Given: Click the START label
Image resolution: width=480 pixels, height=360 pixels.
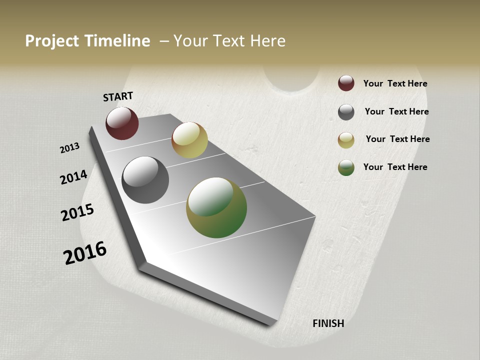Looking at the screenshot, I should click(x=118, y=96).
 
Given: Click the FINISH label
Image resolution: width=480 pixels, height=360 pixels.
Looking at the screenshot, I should click(x=328, y=323).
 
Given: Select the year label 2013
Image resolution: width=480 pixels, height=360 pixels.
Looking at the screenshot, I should click(x=70, y=148).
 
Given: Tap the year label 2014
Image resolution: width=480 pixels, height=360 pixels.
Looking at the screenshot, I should click(x=73, y=177).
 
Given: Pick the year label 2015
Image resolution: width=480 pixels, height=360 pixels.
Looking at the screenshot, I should click(x=77, y=212).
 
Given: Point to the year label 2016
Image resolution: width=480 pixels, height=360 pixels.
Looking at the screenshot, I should click(x=85, y=253).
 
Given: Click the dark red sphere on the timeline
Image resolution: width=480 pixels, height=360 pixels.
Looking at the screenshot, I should click(x=122, y=123).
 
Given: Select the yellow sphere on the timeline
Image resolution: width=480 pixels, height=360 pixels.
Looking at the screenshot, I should click(x=189, y=140).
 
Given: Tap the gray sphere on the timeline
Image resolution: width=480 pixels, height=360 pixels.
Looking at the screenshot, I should click(x=145, y=180).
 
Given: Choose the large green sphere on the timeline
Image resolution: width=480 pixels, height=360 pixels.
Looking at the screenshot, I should click(x=216, y=207).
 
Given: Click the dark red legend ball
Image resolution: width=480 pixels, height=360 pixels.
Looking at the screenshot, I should click(x=346, y=83).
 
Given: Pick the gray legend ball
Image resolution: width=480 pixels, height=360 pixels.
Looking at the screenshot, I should click(x=346, y=112).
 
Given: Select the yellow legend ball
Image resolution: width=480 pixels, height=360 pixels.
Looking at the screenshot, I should click(x=346, y=140).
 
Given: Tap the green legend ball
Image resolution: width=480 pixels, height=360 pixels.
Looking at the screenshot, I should click(x=346, y=168).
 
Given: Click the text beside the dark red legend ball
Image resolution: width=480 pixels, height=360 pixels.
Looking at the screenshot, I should click(x=395, y=83).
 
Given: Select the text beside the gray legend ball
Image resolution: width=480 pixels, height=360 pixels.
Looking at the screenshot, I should click(x=396, y=111).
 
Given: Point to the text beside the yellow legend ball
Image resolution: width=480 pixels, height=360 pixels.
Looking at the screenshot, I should click(x=397, y=139).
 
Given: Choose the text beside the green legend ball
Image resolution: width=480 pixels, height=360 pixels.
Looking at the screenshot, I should click(x=395, y=167).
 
